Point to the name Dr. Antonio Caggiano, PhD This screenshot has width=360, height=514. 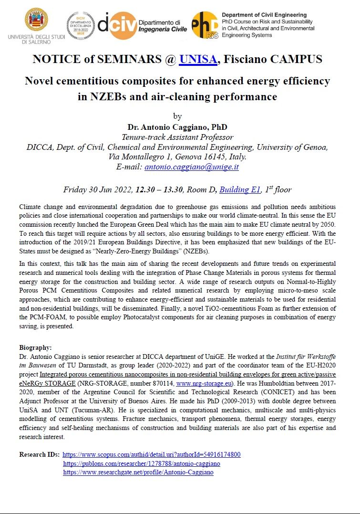point(177,127)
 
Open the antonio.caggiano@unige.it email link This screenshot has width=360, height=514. point(191,167)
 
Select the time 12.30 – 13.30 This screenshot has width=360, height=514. point(159,189)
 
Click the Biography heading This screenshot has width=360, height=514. point(35,347)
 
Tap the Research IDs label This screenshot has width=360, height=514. point(39,454)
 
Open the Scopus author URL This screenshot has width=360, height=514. point(152,454)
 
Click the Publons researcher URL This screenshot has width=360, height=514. point(142,463)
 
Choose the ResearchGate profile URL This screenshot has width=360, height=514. point(138,472)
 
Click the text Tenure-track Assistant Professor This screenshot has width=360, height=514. point(177,137)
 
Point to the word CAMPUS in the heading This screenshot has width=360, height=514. point(298,60)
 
